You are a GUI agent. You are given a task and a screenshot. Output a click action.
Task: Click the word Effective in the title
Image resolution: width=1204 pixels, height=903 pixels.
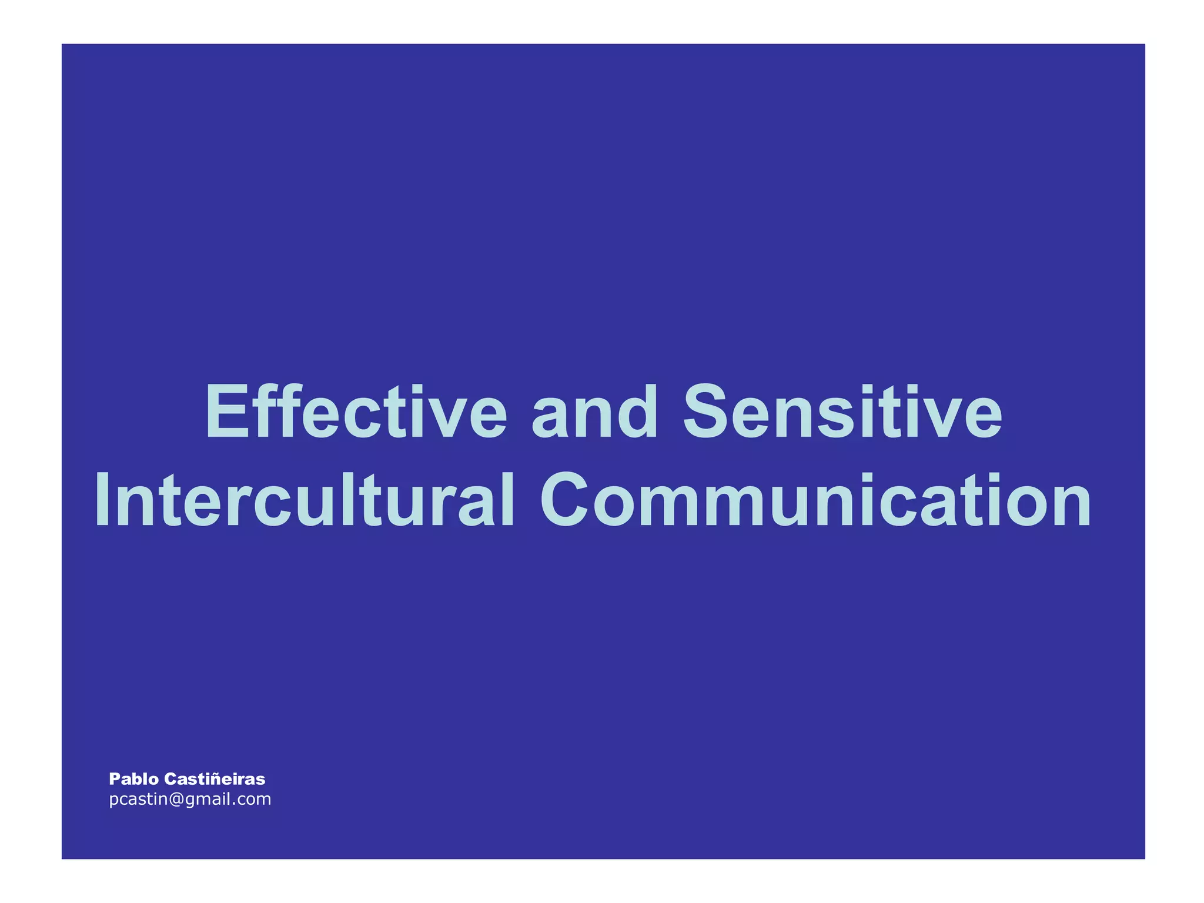[x=355, y=412]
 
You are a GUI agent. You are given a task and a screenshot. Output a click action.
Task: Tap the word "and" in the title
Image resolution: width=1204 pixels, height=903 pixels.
[x=594, y=412]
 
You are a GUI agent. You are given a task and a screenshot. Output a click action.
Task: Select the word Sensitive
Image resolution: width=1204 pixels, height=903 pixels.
[x=842, y=412]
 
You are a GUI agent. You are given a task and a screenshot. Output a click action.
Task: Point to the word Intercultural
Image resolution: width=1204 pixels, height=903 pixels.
[x=305, y=500]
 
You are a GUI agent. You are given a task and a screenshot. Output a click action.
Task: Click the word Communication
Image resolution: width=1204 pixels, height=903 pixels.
[x=815, y=500]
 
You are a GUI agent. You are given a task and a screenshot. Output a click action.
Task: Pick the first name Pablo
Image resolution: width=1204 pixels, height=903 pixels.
[x=133, y=780]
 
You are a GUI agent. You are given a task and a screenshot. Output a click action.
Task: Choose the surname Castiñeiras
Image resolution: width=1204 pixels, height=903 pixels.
[x=215, y=780]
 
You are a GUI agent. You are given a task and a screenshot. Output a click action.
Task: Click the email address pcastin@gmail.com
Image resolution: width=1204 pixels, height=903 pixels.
[x=190, y=800]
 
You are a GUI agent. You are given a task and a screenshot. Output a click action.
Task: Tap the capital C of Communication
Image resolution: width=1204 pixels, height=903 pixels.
[x=564, y=500]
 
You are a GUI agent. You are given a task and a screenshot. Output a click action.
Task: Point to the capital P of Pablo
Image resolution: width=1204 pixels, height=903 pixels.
[x=114, y=780]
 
